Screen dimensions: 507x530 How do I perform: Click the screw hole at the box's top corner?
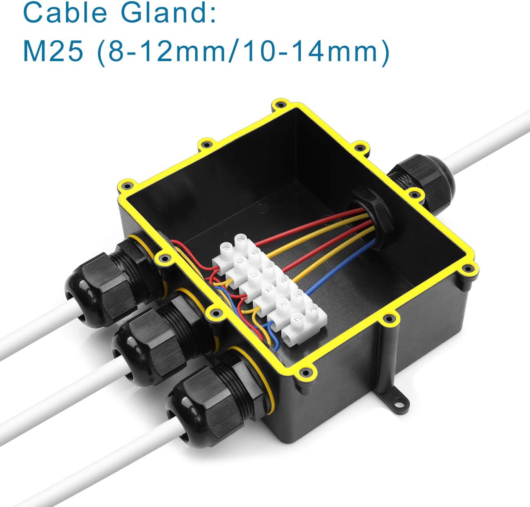click(280, 104)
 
